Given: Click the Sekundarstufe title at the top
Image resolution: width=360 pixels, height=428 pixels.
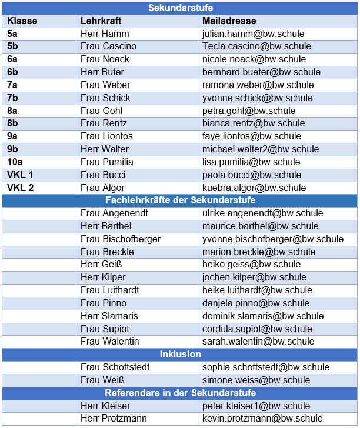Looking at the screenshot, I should point(180,8).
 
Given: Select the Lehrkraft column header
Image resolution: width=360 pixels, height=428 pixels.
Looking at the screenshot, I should point(101,21).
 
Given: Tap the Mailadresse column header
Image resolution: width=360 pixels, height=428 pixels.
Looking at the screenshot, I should point(229,21).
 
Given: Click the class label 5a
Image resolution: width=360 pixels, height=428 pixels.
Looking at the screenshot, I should point(12,34).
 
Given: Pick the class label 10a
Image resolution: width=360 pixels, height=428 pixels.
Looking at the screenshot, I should point(15,162).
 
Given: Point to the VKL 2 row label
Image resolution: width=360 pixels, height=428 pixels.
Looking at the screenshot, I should point(21,188).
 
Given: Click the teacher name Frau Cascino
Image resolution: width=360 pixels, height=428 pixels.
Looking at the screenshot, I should point(108,46).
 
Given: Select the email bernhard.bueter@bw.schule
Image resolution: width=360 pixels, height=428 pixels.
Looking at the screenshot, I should point(261,72).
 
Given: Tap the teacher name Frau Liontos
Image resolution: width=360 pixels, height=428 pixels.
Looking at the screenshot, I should point(106,136).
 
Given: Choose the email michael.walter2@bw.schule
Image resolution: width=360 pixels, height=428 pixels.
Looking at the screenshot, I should point(261,149).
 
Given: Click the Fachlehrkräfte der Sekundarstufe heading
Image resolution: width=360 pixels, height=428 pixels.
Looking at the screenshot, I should point(180,200).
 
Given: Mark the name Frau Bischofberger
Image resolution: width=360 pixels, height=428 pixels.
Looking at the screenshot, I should point(121,239).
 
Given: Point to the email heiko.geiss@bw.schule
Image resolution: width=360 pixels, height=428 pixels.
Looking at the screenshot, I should point(251,265).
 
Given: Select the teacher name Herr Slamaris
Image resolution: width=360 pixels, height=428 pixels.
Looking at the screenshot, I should point(109,316).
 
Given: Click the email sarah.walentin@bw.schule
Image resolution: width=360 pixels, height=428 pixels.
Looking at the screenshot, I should point(258,341).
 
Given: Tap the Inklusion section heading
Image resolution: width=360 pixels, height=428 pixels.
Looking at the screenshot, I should point(180,354).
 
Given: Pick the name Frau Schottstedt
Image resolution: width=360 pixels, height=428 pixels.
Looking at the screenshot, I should point(115,367).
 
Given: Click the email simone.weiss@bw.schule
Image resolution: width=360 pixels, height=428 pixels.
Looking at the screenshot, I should point(256,380).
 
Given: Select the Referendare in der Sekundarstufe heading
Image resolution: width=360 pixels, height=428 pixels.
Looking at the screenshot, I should point(180,393).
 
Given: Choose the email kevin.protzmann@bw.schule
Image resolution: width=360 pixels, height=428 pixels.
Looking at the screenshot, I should point(262,419).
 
